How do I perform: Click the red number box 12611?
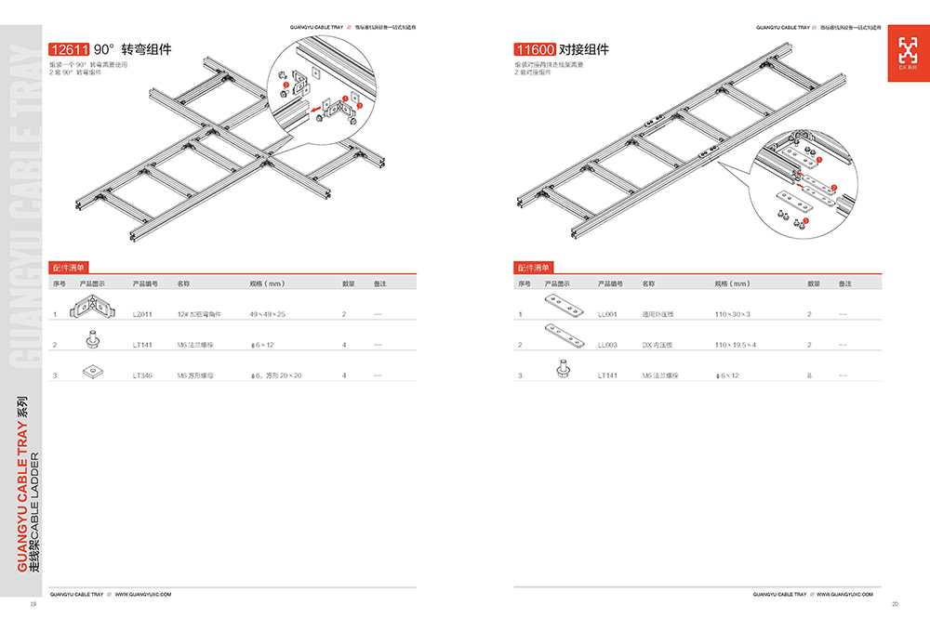click(x=70, y=49)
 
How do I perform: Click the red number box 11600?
click(x=535, y=49)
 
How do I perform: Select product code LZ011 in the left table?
click(x=142, y=314)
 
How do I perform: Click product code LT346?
click(x=142, y=375)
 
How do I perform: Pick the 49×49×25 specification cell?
click(x=268, y=314)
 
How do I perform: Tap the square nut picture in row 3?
click(x=91, y=372)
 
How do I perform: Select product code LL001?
click(x=607, y=314)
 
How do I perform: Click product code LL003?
click(x=607, y=345)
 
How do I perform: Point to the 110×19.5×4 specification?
click(x=735, y=345)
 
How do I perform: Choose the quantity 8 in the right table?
click(x=810, y=375)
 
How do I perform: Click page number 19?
click(x=33, y=604)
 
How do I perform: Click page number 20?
click(x=895, y=604)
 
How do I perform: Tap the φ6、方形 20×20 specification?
click(x=275, y=375)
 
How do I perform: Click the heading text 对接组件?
click(x=583, y=49)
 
